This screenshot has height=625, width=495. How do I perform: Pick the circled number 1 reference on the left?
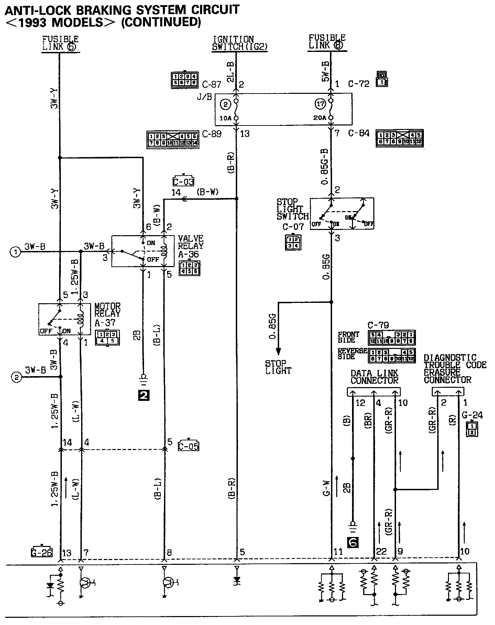click(x=15, y=252)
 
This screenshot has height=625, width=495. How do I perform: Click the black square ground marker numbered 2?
click(x=143, y=396)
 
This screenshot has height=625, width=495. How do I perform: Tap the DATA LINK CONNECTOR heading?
click(x=374, y=377)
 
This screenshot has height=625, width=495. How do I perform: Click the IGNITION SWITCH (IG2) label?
click(x=239, y=43)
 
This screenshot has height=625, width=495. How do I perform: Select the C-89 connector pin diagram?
click(x=173, y=139)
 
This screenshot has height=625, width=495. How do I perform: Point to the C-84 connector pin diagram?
click(x=399, y=138)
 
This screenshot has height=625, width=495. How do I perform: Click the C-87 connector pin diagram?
click(x=184, y=80)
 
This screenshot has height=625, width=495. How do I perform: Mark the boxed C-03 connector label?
click(x=183, y=182)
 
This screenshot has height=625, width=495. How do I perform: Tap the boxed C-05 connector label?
click(x=188, y=446)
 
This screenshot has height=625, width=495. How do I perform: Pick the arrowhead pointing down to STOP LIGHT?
click(x=278, y=351)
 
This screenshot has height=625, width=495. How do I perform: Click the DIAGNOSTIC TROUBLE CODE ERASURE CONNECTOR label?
click(x=455, y=369)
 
